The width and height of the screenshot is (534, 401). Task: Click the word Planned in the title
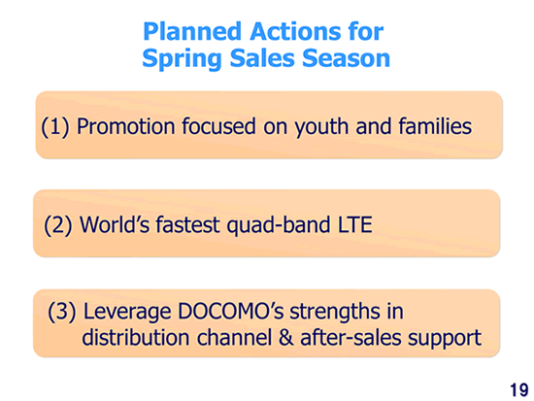[192, 31]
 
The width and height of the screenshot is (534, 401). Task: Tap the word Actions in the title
[295, 31]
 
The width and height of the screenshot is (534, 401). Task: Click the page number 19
[519, 389]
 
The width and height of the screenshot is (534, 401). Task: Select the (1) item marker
[54, 127]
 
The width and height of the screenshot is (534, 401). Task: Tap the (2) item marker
[57, 225]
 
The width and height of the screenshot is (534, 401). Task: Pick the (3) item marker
[61, 312]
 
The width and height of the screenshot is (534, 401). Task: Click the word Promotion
[126, 126]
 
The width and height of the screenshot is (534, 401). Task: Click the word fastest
[187, 225]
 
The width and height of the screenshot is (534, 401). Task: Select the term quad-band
[279, 226]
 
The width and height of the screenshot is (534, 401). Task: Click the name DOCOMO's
[230, 312]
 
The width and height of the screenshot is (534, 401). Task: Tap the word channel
[234, 337]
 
